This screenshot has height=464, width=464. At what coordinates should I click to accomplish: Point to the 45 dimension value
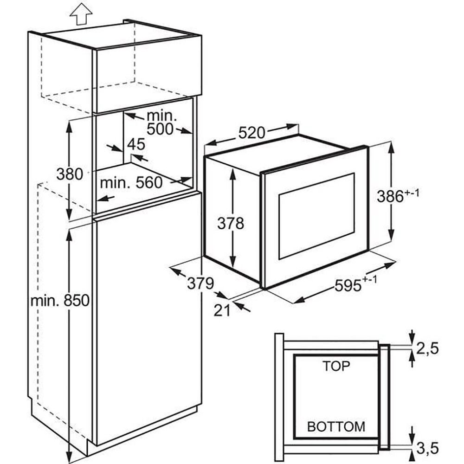coord(136,144)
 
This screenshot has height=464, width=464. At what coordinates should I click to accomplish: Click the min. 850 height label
coord(59,301)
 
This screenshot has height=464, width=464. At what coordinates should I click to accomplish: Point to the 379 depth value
coord(200,283)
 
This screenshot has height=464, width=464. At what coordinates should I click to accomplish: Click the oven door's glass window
coord(316,216)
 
